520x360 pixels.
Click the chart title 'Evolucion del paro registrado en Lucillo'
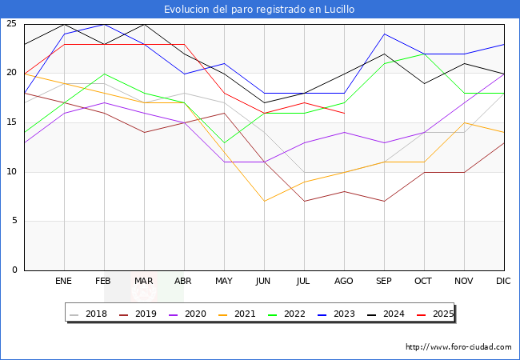point(259,10)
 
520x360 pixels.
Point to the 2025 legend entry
point(438,314)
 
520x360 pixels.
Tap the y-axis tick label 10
point(11,172)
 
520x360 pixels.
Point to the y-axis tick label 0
point(14,270)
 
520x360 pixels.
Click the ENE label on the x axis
point(64,282)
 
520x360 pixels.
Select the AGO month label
point(344,282)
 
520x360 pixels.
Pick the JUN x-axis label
point(264,282)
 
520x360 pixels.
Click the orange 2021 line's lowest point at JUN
point(264,201)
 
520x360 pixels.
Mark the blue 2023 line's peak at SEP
point(384,34)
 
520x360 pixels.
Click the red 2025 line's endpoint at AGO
point(344,113)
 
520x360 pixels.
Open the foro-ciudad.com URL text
point(458,347)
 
